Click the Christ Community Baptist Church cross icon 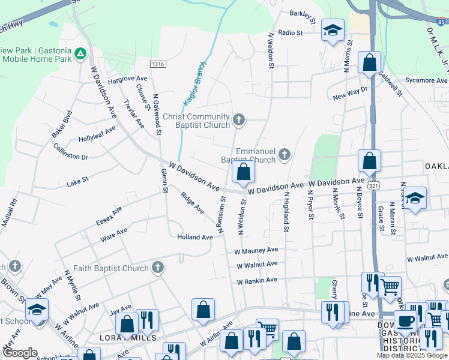(x=239, y=120)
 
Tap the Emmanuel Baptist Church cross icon (x=285, y=155)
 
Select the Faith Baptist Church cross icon (x=157, y=268)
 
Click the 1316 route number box (x=158, y=64)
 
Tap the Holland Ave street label (x=195, y=237)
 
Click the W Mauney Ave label (x=256, y=250)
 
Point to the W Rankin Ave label (x=257, y=280)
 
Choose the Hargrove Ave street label (x=127, y=79)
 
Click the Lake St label (x=77, y=180)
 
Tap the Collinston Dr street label (x=71, y=151)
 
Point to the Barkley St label (x=303, y=13)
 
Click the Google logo (x=20, y=353)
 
